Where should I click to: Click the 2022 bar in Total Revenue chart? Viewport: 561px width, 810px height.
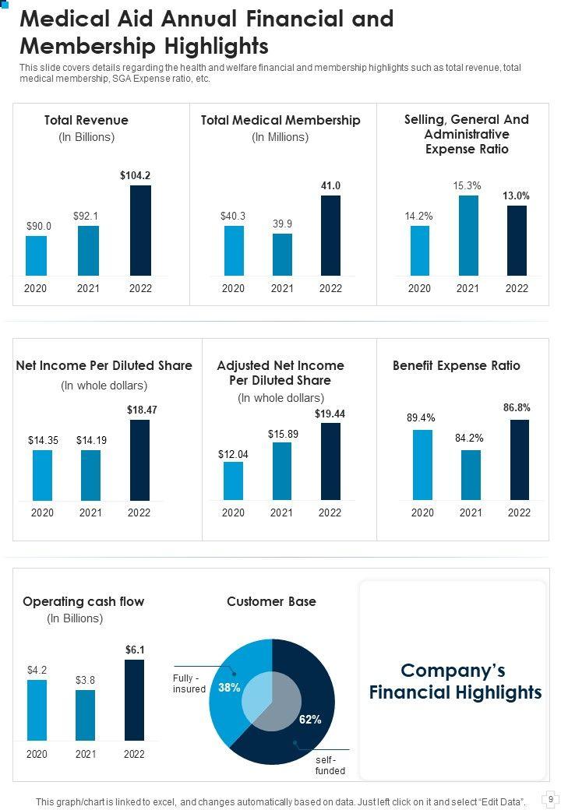click(140, 230)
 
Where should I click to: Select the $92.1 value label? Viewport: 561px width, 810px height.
click(86, 215)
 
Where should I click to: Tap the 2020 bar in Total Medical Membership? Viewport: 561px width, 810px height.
click(234, 250)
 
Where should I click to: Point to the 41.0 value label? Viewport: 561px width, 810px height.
click(330, 185)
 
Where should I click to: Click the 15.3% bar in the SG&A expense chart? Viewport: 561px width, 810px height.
click(467, 234)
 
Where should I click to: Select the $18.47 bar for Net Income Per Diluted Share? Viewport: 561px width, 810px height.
click(140, 460)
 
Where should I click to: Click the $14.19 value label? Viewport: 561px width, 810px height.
click(91, 440)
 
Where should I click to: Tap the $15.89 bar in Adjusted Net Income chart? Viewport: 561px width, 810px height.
click(282, 470)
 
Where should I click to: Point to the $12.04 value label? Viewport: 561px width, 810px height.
click(234, 453)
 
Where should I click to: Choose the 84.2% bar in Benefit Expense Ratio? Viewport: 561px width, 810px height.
click(471, 474)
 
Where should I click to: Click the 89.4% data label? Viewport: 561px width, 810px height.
click(421, 418)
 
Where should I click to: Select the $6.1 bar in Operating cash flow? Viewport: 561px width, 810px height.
click(134, 699)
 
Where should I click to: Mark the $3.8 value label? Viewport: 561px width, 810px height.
click(85, 680)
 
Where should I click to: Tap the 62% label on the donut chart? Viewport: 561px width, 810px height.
click(310, 720)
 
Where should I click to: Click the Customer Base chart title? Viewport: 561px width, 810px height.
click(271, 601)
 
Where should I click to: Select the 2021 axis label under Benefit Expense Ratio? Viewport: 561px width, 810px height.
click(471, 512)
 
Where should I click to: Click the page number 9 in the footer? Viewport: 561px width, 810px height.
click(550, 798)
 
